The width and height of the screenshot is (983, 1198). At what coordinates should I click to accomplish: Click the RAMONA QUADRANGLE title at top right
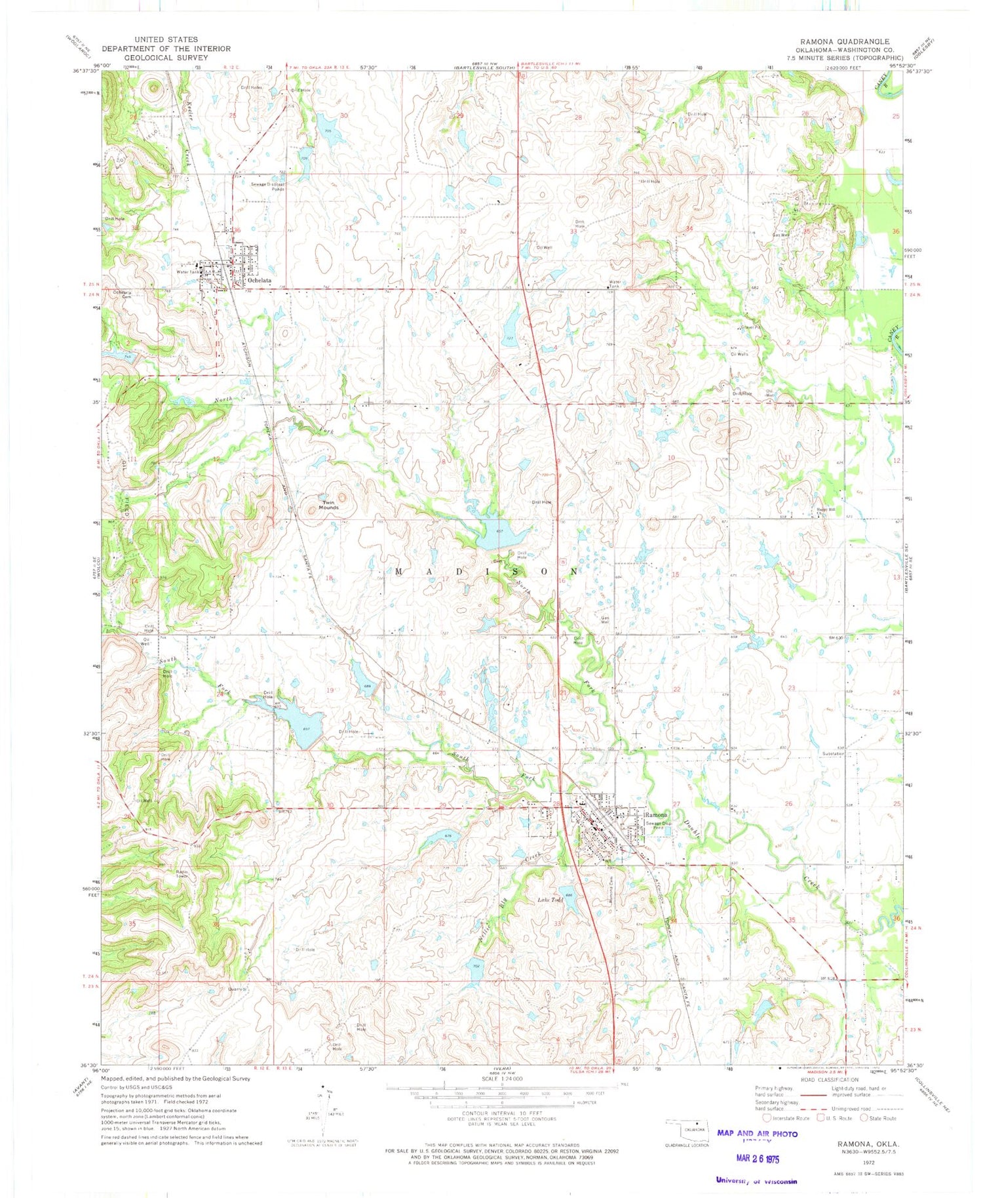point(844,41)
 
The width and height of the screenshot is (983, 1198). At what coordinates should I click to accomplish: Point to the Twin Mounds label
point(328,505)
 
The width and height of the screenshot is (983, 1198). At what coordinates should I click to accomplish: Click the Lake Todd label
point(550,900)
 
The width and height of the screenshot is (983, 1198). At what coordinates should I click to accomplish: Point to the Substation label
point(834,753)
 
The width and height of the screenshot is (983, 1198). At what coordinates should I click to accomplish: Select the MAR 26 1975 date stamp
point(757,1159)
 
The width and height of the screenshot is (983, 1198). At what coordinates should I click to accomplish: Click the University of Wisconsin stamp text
point(757,1181)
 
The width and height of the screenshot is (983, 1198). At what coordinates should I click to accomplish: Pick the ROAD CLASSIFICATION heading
point(829,1079)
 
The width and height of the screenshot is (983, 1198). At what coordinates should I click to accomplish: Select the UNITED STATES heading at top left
point(166,40)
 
